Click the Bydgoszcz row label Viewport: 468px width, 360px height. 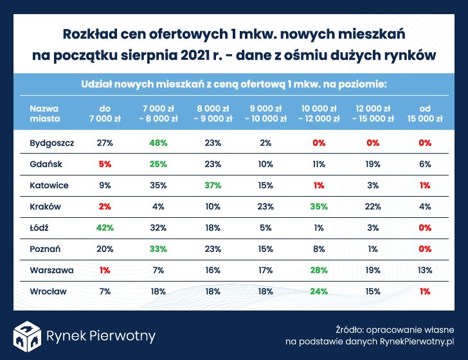51,143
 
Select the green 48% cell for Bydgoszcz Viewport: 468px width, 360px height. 159,143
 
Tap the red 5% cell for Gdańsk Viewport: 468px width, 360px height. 105,164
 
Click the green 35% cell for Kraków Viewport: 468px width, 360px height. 319,206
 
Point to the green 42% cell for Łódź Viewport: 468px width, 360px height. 105,228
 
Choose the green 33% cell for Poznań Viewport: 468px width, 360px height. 159,249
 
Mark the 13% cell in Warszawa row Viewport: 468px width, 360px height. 425,270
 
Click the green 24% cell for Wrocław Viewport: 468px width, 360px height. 319,291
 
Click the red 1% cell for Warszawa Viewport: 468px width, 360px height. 105,270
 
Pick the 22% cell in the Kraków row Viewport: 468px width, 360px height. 372,206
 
